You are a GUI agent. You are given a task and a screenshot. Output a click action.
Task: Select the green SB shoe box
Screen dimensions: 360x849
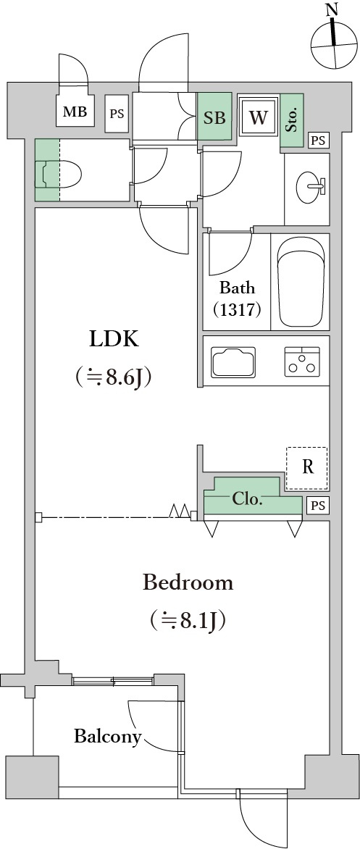pyautogui.click(x=214, y=117)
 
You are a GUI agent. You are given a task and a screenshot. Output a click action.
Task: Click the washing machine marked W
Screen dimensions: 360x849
pyautogui.click(x=258, y=117)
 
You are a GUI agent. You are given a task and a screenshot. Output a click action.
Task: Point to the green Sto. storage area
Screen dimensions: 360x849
pyautogui.click(x=292, y=121)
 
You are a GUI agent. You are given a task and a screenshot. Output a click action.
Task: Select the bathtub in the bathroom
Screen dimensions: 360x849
pyautogui.click(x=301, y=282)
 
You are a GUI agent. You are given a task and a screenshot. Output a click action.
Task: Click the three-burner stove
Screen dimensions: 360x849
pyautogui.click(x=301, y=361)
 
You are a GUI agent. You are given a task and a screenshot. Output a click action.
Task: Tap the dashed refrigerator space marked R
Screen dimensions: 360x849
pyautogui.click(x=307, y=469)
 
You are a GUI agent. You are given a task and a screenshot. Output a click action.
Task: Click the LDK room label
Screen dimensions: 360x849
pyautogui.click(x=114, y=339)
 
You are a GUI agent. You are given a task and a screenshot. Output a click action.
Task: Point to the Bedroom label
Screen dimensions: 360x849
pyautogui.click(x=188, y=583)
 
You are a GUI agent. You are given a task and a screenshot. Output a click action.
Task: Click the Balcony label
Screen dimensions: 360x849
pyautogui.click(x=108, y=737)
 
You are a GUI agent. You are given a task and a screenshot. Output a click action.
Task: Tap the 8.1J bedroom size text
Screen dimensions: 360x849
pyautogui.click(x=188, y=619)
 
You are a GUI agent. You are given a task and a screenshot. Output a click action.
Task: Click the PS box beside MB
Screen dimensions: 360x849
pyautogui.click(x=117, y=114)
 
